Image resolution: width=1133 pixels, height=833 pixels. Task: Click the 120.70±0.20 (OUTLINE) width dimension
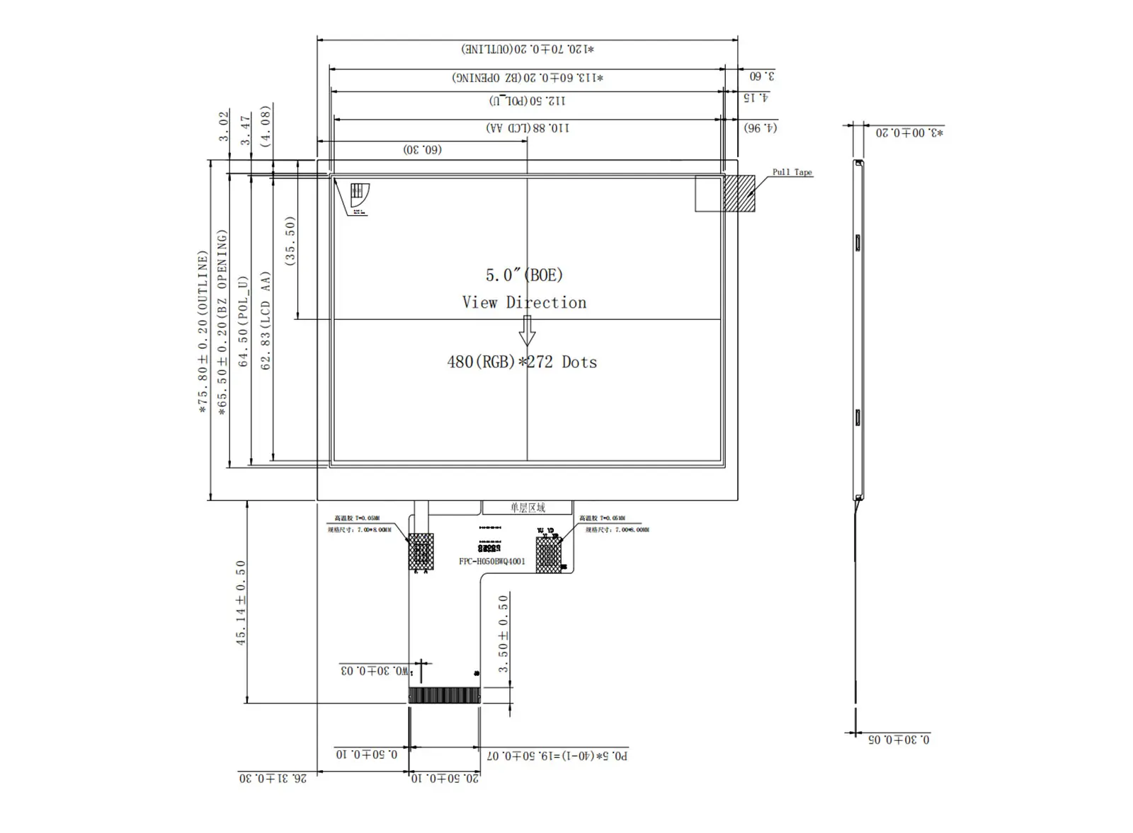pyautogui.click(x=528, y=50)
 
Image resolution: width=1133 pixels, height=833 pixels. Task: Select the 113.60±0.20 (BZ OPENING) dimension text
pyautogui.click(x=528, y=78)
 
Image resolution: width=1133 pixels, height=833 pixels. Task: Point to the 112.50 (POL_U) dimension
pyautogui.click(x=528, y=100)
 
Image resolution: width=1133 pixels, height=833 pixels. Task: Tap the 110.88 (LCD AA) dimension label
pyautogui.click(x=528, y=128)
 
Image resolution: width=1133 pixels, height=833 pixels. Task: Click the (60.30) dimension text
pyautogui.click(x=423, y=150)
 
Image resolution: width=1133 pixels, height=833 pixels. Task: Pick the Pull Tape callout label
pyautogui.click(x=792, y=172)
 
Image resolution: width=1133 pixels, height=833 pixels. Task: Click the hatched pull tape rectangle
pyautogui.click(x=739, y=193)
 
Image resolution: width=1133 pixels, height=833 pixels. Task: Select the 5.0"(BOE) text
pyautogui.click(x=524, y=275)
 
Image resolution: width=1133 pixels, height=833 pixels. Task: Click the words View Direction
pyautogui.click(x=524, y=303)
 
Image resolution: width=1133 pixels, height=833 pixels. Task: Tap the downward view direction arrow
pyautogui.click(x=527, y=330)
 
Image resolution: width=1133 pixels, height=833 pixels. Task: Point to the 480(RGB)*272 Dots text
pyautogui.click(x=522, y=362)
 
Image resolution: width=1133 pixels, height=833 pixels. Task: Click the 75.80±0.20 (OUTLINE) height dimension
pyautogui.click(x=203, y=331)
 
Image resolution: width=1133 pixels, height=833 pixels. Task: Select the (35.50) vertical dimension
pyautogui.click(x=290, y=241)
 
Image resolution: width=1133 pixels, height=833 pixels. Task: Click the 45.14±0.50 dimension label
pyautogui.click(x=241, y=602)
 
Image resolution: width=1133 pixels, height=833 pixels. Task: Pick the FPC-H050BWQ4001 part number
pyautogui.click(x=492, y=562)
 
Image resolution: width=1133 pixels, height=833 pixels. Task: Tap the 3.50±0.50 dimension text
pyautogui.click(x=503, y=633)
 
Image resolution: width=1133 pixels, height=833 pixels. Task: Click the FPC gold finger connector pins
pyautogui.click(x=445, y=696)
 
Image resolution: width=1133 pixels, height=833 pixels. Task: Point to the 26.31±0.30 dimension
pyautogui.click(x=273, y=779)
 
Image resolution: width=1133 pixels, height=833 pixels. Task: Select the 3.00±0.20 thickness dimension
pyautogui.click(x=909, y=133)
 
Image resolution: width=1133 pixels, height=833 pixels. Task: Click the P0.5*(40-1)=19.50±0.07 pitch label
pyautogui.click(x=557, y=756)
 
